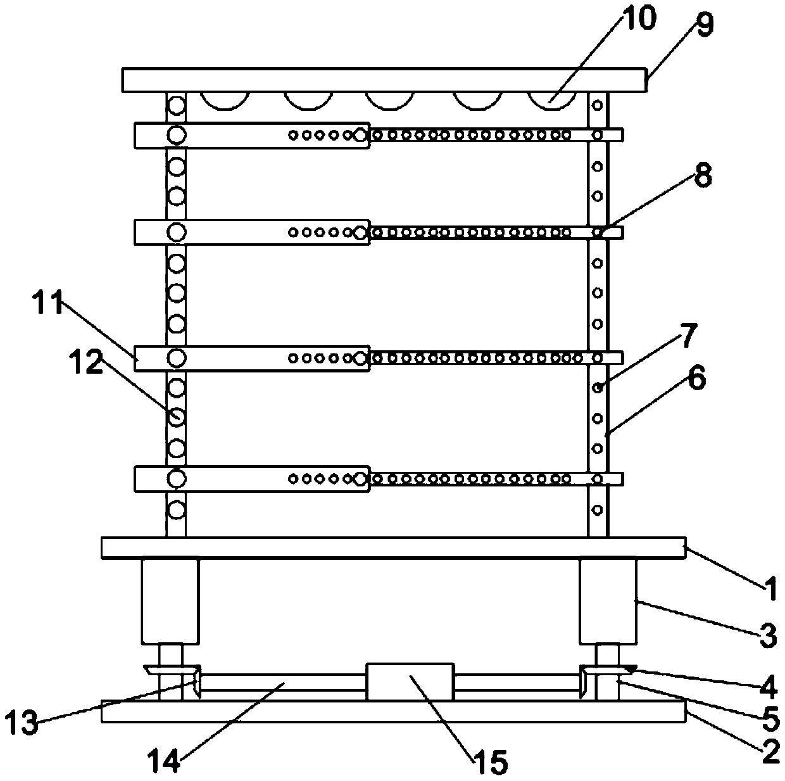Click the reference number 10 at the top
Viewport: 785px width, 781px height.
(x=637, y=19)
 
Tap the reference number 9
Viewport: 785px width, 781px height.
(x=703, y=25)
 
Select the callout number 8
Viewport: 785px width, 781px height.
(x=701, y=177)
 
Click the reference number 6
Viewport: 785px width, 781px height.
(x=696, y=381)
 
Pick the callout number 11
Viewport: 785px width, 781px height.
(x=49, y=305)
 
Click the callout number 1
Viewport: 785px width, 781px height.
(x=768, y=591)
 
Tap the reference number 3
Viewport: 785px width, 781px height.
(x=767, y=636)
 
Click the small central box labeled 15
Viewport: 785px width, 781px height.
(x=410, y=681)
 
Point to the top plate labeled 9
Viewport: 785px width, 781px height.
(x=385, y=80)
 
